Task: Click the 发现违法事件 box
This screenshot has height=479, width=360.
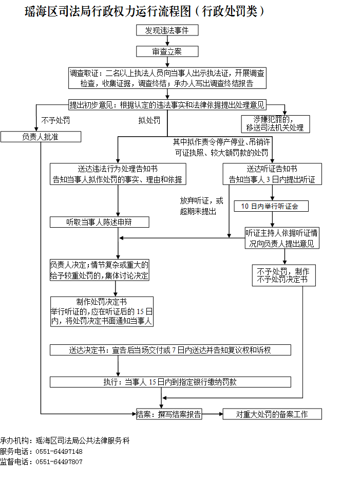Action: click(x=167, y=30)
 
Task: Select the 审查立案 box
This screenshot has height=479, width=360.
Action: click(x=167, y=51)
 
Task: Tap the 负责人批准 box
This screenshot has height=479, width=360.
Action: click(x=41, y=137)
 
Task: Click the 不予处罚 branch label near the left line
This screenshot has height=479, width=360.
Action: click(x=55, y=120)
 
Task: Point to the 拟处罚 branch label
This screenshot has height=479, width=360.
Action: click(x=149, y=120)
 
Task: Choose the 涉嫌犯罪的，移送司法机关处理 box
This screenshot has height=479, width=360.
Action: click(x=275, y=124)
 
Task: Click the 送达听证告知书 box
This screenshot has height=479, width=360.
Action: click(x=272, y=174)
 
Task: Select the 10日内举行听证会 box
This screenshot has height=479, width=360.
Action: click(x=271, y=206)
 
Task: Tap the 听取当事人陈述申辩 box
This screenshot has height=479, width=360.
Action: click(x=100, y=222)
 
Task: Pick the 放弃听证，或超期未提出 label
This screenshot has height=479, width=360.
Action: click(x=201, y=206)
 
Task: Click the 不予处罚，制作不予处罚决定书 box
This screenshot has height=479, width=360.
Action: click(x=284, y=275)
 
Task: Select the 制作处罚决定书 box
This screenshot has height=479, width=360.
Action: click(x=102, y=311)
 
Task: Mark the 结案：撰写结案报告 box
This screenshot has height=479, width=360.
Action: click(x=169, y=414)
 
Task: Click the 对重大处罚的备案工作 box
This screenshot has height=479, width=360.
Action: click(x=272, y=414)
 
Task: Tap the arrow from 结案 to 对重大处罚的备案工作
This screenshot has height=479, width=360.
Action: click(x=213, y=414)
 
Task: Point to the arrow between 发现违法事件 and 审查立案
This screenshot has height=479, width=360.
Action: click(x=167, y=41)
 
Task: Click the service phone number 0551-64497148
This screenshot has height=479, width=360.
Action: click(x=59, y=452)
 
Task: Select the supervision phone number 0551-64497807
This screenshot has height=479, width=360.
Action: click(x=59, y=462)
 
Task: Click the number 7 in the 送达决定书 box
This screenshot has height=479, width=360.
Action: click(x=174, y=350)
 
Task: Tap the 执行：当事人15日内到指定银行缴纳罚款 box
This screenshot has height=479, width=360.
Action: click(x=170, y=382)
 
